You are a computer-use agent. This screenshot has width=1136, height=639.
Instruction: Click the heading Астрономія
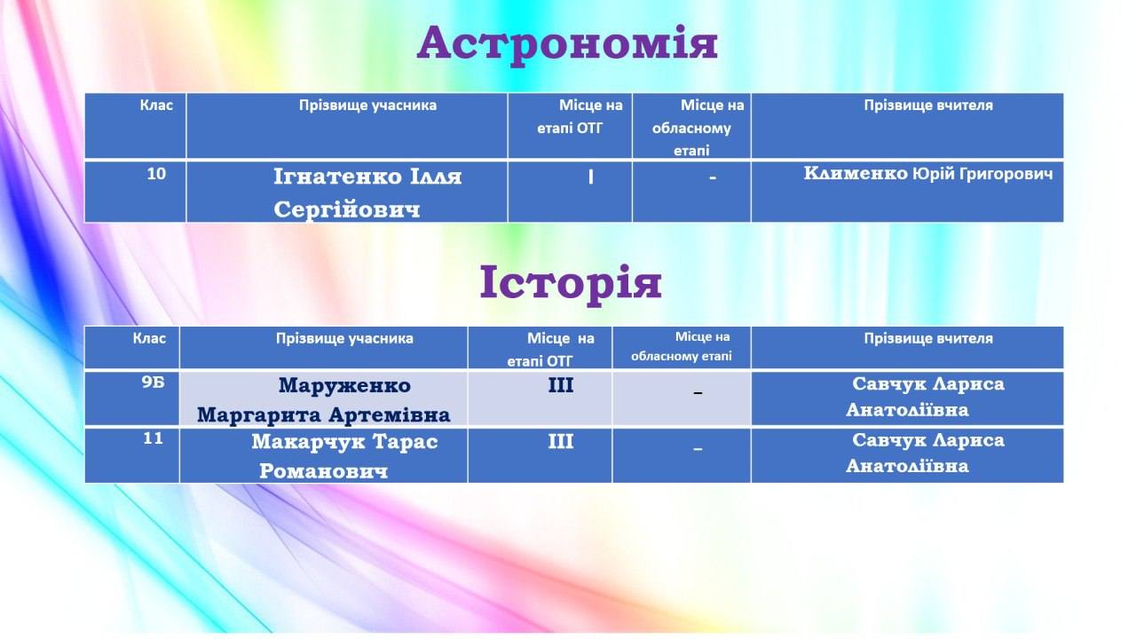567,44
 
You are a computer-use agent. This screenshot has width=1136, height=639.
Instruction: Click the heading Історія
571,283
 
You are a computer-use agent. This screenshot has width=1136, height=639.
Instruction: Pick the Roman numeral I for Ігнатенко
591,177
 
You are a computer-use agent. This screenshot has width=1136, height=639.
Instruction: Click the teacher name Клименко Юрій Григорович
928,174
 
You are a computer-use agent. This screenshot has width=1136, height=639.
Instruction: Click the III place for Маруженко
560,385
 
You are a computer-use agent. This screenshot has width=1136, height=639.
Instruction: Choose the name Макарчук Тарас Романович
344,456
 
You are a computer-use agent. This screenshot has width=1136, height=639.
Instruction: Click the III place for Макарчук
560,442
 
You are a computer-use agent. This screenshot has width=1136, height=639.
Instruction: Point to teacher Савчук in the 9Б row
925,397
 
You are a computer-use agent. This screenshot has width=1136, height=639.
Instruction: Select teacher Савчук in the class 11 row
925,453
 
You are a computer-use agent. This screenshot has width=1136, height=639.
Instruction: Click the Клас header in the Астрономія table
156,106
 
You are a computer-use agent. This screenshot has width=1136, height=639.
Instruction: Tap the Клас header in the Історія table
149,339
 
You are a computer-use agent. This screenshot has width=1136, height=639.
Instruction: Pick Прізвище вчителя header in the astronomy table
928,106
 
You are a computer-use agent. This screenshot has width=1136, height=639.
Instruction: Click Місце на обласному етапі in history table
682,346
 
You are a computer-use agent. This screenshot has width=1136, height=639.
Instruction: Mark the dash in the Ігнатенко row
713,177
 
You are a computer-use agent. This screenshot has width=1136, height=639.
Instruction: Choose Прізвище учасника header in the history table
344,339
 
